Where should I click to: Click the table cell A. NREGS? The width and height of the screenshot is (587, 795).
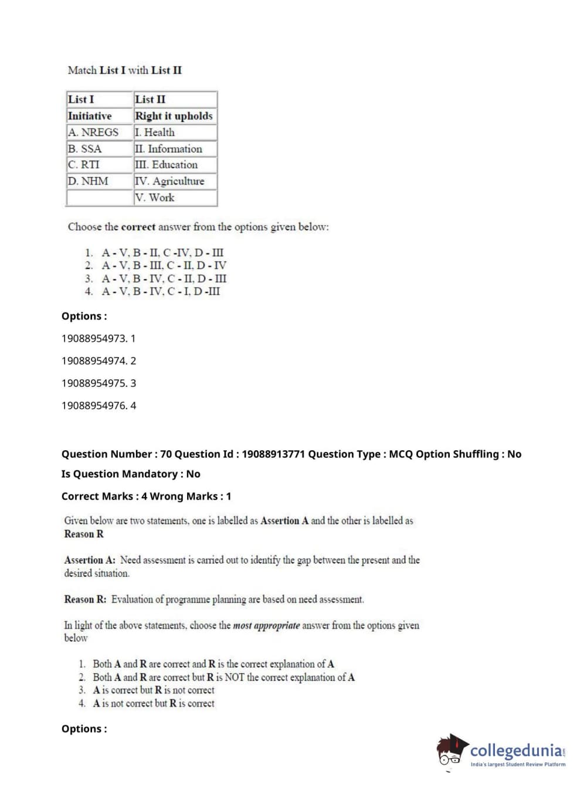pos(93,132)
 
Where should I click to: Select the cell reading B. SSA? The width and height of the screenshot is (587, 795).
pos(85,149)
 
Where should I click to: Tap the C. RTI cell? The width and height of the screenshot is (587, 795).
pos(84,165)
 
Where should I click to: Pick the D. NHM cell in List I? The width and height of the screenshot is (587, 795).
pos(88,181)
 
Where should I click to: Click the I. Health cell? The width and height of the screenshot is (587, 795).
pos(155,132)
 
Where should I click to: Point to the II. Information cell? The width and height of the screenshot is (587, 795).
pos(168,149)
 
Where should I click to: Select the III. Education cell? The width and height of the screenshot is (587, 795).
pos(167,165)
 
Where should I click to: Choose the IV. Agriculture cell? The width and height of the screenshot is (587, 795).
pos(169,181)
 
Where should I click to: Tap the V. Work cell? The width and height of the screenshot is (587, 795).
pos(155,198)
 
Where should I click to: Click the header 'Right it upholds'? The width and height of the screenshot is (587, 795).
pos(174,116)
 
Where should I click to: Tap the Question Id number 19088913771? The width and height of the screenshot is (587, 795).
pos(273,454)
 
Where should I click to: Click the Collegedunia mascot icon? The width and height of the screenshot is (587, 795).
pos(452,750)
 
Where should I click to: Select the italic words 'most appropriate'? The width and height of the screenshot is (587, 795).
pos(266,626)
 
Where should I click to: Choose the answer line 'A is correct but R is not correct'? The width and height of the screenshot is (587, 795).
pos(154,690)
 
